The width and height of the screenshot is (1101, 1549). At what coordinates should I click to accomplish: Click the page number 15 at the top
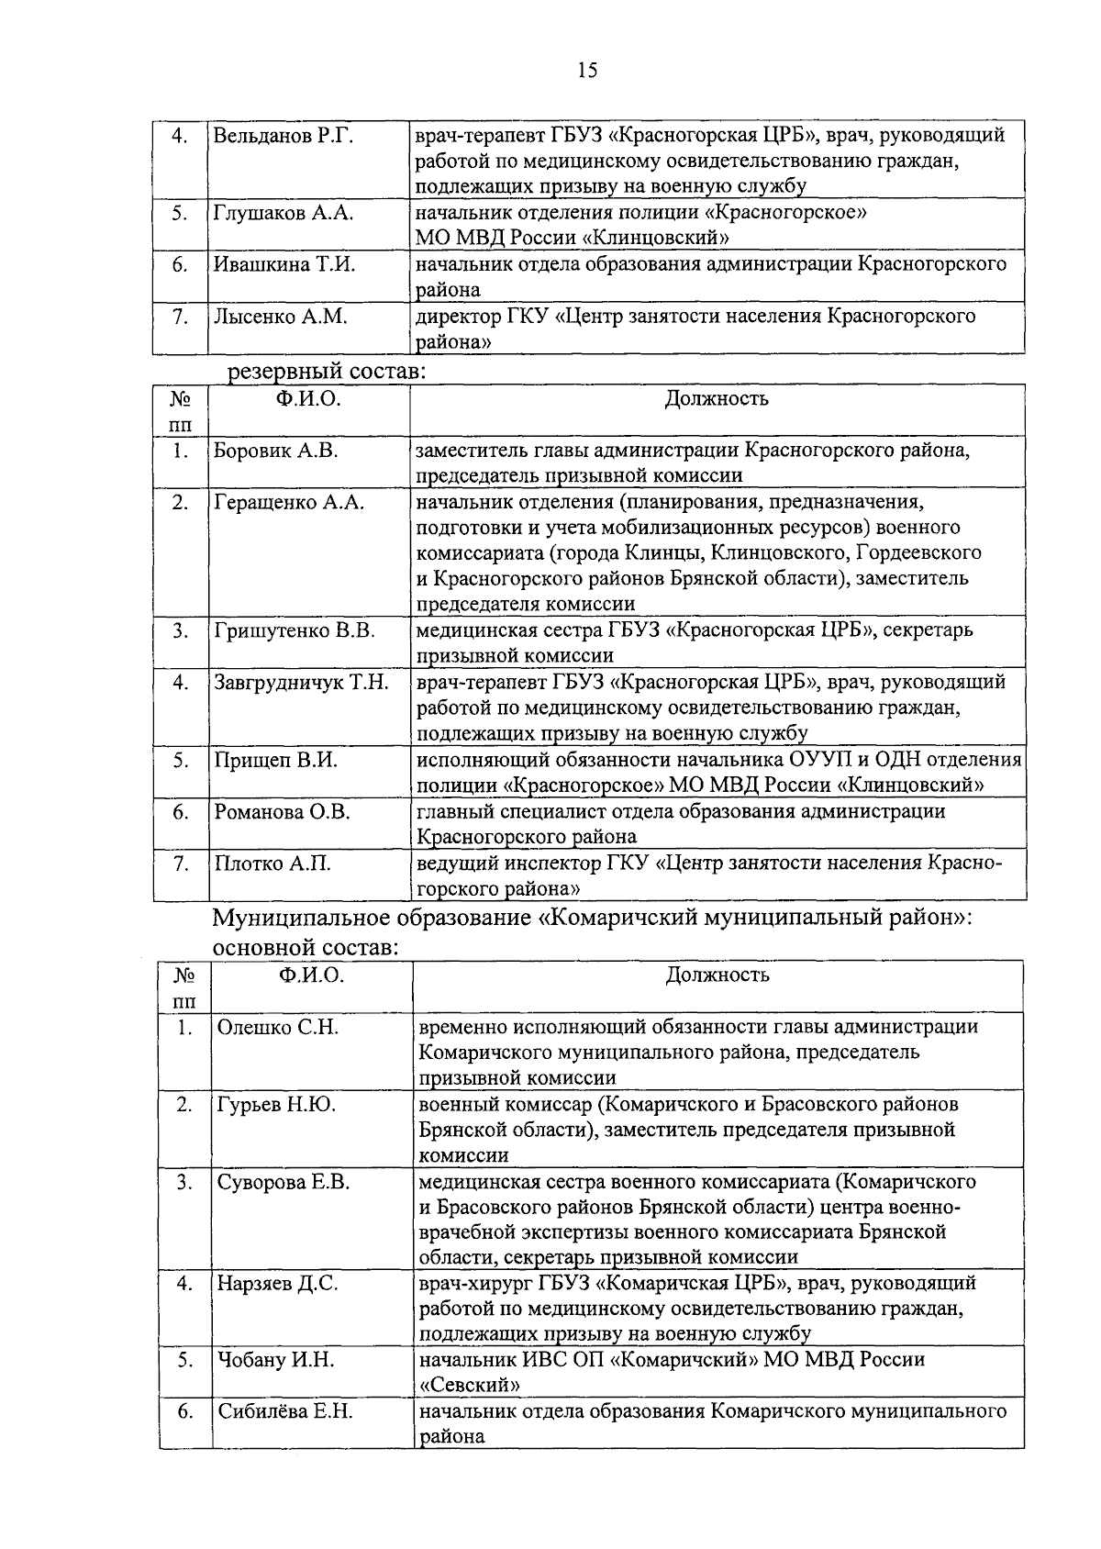[x=587, y=71]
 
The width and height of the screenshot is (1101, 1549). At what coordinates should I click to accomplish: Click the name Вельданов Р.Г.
[x=284, y=137]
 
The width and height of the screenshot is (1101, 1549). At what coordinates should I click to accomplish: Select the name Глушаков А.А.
[x=284, y=213]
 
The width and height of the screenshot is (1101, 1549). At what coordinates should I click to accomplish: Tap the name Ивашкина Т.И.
[x=284, y=264]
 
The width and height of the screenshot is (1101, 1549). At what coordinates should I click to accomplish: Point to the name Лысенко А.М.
[x=280, y=317]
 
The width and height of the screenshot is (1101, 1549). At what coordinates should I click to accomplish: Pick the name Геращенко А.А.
[x=289, y=502]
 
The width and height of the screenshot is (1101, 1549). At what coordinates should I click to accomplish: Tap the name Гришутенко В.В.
[x=295, y=631]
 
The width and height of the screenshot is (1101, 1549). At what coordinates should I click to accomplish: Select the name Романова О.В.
[x=283, y=812]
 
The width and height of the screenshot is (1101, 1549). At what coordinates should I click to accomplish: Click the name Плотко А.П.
[x=272, y=864]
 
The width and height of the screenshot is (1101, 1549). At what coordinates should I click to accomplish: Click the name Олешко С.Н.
[x=277, y=1028]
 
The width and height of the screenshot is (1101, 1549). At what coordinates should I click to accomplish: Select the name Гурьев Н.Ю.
[x=276, y=1105]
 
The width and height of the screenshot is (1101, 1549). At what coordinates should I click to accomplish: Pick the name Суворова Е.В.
[x=284, y=1183]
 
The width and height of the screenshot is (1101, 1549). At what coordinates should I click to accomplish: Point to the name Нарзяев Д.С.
[x=277, y=1284]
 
